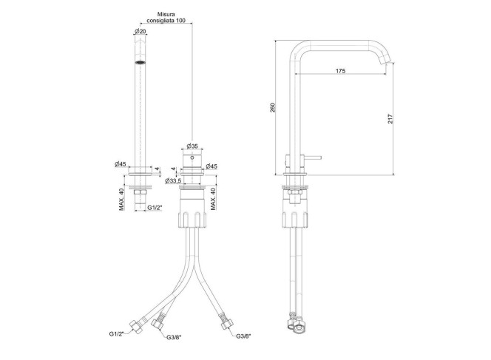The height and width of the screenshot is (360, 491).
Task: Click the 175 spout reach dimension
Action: (340, 71)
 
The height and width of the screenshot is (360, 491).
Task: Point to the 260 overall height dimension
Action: (273, 108)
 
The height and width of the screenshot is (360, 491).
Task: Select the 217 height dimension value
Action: (390, 118)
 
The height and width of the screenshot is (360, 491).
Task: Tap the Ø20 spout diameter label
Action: (140, 31)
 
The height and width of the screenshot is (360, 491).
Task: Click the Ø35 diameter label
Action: (192, 146)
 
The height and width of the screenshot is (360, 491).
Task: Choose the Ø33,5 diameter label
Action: (173, 180)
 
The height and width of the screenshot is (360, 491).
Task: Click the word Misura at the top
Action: (166, 14)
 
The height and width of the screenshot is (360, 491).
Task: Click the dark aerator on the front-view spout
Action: (140, 62)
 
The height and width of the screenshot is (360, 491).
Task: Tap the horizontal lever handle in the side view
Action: (312, 157)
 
